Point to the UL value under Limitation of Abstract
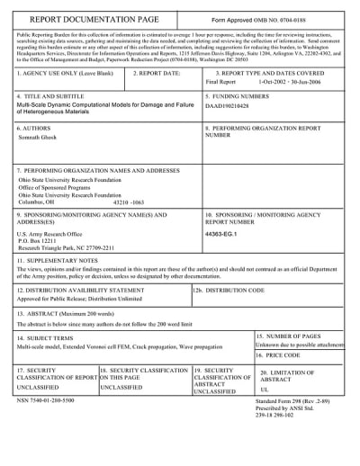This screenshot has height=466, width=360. coord(265,390)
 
